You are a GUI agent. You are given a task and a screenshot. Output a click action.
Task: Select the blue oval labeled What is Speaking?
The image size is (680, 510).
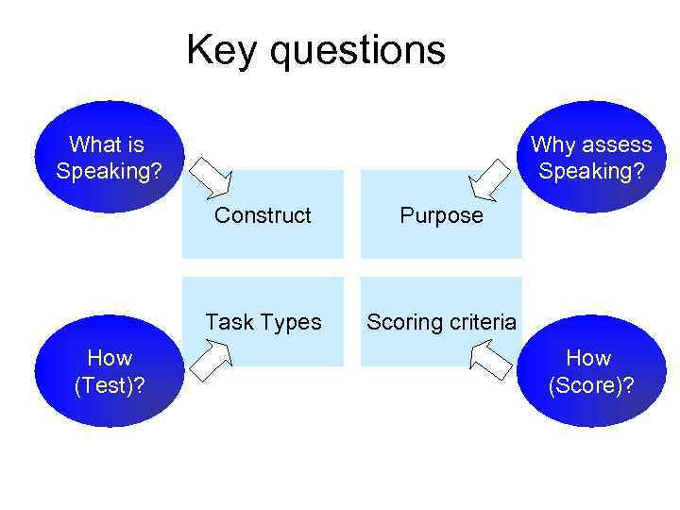[108, 158]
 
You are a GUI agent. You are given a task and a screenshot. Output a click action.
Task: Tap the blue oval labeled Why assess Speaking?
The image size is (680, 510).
[591, 158]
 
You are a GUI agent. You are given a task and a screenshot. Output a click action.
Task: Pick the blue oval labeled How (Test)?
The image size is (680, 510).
[108, 371]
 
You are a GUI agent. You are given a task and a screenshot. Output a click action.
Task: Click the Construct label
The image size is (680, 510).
[263, 215]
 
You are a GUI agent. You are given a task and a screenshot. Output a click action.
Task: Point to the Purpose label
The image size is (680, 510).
[441, 215]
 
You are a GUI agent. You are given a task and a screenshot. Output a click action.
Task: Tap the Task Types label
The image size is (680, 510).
[263, 322]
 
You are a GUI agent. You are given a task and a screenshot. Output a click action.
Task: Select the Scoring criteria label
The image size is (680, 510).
[441, 322]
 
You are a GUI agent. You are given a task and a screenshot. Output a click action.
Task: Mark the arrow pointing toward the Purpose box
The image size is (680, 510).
[490, 178]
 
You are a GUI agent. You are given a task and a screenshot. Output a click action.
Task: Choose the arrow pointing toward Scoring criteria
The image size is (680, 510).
[490, 361]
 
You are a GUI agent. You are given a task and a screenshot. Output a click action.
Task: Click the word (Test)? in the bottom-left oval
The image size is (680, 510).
[110, 385]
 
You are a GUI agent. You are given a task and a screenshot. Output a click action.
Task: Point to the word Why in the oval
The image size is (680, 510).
[552, 144]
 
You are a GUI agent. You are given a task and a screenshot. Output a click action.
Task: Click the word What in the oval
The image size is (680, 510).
[93, 144]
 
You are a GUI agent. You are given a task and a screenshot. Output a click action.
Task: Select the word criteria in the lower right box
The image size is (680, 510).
[482, 322]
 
